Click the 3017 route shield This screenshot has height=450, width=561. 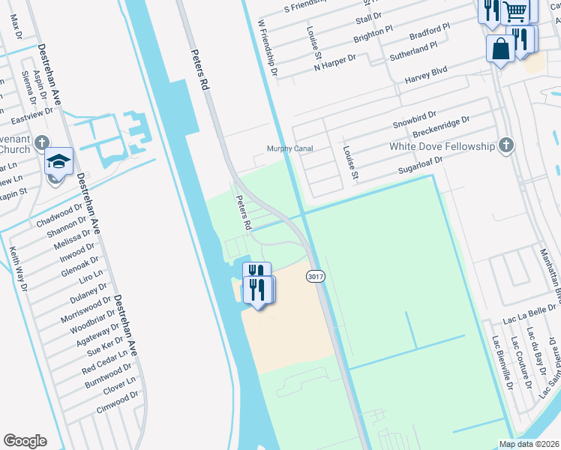tap(316, 277)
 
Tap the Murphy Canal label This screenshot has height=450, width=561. tap(290, 148)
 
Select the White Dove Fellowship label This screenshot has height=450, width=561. tap(442, 146)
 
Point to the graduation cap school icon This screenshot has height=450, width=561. tap(58, 162)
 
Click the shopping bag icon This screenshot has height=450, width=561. tap(499, 49)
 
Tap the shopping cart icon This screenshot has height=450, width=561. tap(515, 10)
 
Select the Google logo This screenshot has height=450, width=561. tap(25, 441)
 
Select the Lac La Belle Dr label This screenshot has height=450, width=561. tap(530, 313)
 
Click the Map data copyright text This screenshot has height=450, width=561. tap(529, 444)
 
